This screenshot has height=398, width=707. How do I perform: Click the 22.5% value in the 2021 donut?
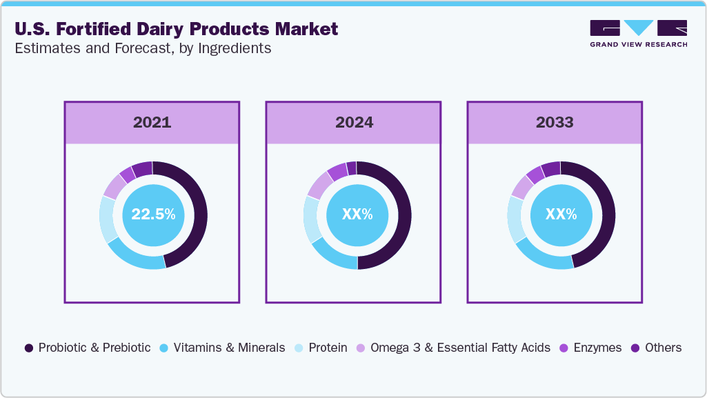[153, 215]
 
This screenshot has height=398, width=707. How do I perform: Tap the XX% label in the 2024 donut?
[357, 215]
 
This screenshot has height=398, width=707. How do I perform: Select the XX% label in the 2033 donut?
[561, 215]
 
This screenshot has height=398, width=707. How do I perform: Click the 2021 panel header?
[152, 123]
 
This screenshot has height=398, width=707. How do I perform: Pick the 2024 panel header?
[354, 123]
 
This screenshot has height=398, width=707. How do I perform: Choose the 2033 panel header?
[555, 123]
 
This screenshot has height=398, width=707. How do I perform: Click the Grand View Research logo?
[638, 34]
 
